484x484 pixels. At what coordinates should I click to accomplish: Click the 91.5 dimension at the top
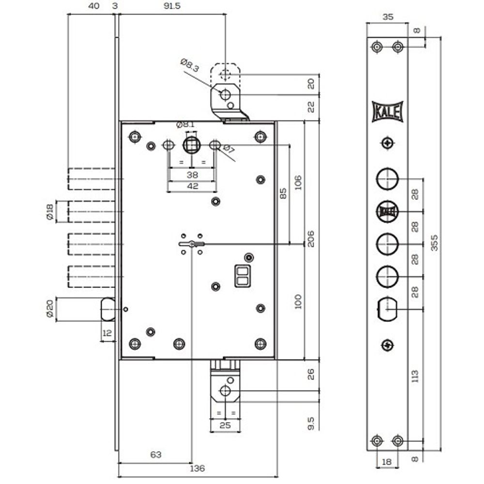click(x=172, y=6)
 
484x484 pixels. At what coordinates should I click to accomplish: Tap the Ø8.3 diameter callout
click(x=190, y=65)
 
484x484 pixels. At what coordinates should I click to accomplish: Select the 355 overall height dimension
click(x=434, y=242)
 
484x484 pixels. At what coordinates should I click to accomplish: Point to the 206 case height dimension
click(x=311, y=239)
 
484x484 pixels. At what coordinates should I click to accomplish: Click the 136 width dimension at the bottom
click(x=197, y=468)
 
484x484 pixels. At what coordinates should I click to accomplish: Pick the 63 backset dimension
click(x=155, y=454)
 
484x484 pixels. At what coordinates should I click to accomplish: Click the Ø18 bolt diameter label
click(x=50, y=212)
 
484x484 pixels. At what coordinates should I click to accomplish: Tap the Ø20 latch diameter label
click(x=50, y=309)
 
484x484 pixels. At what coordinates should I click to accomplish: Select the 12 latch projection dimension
click(x=107, y=333)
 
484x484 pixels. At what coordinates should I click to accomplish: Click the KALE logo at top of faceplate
click(x=387, y=111)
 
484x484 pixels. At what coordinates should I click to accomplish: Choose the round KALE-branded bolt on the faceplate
click(x=387, y=212)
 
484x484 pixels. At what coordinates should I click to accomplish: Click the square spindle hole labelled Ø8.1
click(x=192, y=145)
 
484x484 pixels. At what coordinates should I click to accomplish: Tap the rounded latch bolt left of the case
click(x=108, y=309)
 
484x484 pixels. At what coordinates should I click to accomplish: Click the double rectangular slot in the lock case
click(x=242, y=276)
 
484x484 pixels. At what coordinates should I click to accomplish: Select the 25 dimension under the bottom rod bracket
click(x=225, y=425)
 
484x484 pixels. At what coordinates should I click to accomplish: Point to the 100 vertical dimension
click(x=298, y=302)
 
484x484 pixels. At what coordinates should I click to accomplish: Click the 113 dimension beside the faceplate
click(x=415, y=376)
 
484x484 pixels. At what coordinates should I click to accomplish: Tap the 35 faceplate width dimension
click(x=388, y=17)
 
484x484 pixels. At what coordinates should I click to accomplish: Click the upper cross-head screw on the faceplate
click(x=387, y=143)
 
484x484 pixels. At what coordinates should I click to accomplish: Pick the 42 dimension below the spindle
click(x=192, y=186)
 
